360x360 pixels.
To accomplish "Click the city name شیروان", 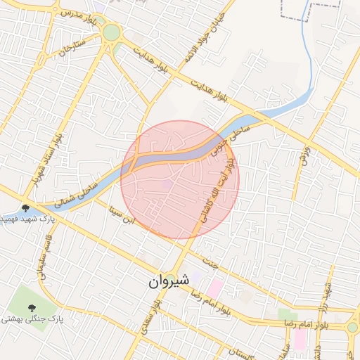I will [169, 281].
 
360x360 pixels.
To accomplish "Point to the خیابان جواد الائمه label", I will [205, 39].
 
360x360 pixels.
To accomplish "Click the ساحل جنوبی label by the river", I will [238, 131].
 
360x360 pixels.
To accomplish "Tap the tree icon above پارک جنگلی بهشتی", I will [32, 307].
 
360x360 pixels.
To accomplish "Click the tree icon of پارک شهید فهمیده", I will [26, 207].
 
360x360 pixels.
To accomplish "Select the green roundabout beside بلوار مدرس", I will [111, 32].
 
